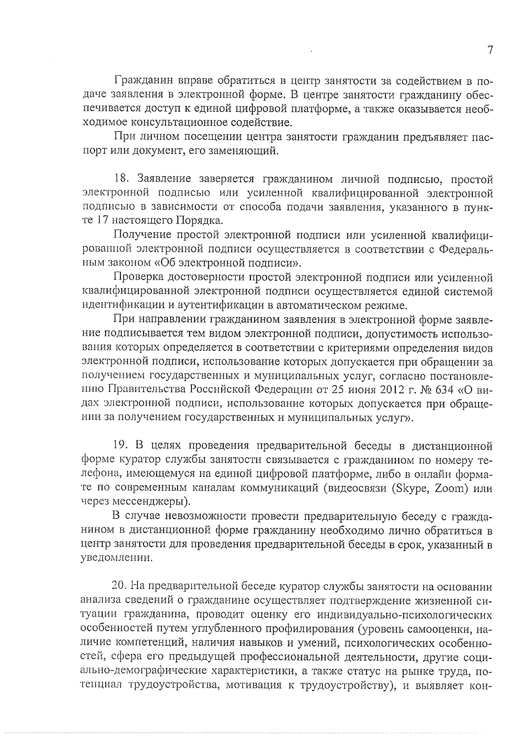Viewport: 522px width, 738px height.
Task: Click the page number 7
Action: (490, 50)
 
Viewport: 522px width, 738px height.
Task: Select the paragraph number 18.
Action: (120, 179)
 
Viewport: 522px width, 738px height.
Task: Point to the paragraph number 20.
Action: (118, 587)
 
